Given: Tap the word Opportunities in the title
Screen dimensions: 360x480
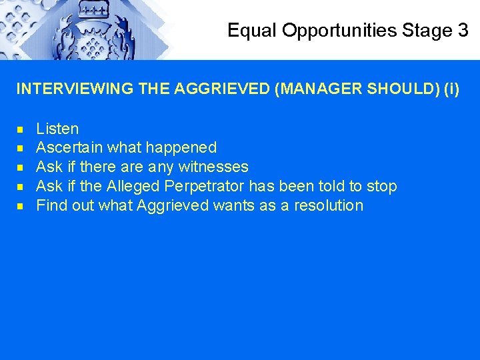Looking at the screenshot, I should point(338,31).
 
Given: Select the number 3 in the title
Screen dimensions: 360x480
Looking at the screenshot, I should point(463,31).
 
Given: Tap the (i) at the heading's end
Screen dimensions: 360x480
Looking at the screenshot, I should point(451,89).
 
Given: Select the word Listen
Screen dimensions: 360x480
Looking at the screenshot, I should point(57,129).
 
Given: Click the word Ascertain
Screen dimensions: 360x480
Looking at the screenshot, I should point(69,147).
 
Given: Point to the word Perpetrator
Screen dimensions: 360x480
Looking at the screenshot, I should point(205,186).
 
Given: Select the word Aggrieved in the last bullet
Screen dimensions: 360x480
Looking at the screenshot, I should point(173,205).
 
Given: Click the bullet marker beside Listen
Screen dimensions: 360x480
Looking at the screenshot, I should point(21,129).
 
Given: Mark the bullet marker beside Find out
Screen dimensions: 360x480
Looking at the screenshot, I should point(21,206).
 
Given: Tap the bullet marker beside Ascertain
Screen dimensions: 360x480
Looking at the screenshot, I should point(21,148).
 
